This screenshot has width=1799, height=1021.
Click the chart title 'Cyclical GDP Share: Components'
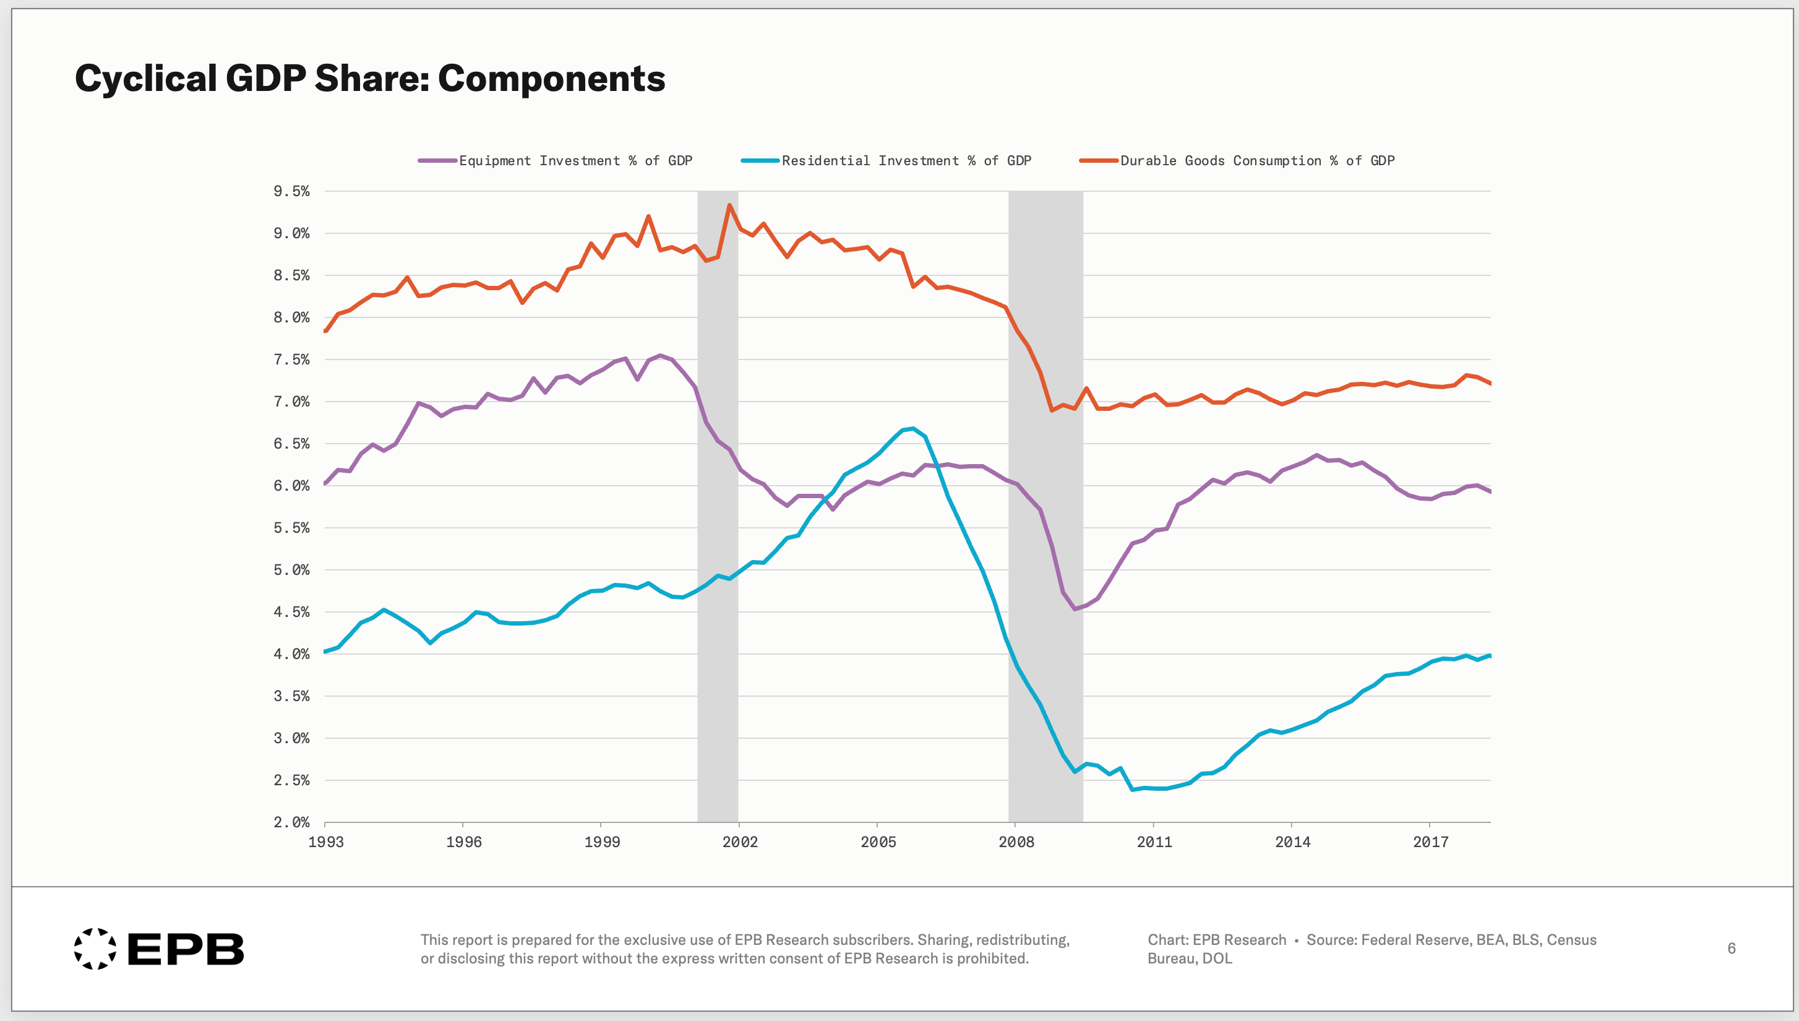click(x=369, y=78)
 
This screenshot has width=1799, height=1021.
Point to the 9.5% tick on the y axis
click(x=291, y=191)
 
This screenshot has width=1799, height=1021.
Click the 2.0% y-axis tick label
click(x=291, y=822)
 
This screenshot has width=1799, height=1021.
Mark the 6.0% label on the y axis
click(x=291, y=486)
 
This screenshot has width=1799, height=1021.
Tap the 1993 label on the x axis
click(x=326, y=842)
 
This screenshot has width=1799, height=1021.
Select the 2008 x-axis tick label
click(x=1016, y=842)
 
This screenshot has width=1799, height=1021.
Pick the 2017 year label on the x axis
click(x=1430, y=842)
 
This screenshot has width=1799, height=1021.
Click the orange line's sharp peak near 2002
click(x=730, y=205)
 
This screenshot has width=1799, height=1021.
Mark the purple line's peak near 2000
click(x=659, y=356)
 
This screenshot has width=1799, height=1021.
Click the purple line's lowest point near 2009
click(x=1074, y=609)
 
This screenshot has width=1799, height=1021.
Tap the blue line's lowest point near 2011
click(x=1132, y=790)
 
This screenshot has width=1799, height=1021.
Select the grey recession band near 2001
click(x=717, y=505)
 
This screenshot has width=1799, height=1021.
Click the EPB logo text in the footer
click(x=186, y=949)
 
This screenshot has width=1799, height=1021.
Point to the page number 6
click(x=1731, y=949)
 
